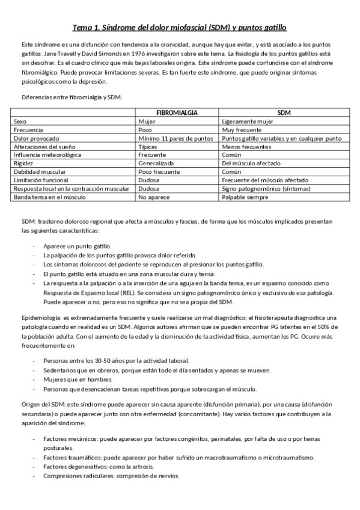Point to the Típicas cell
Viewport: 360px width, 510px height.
[x=148, y=146]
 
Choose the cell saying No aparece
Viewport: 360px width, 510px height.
[x=152, y=197]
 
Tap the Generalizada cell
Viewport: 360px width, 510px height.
[x=156, y=162]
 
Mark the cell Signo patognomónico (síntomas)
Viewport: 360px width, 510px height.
[x=262, y=188]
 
